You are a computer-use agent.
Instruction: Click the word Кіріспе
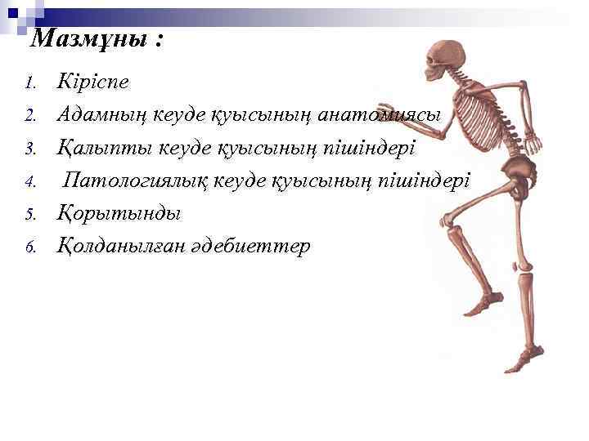92,82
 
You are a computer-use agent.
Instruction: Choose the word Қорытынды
119,213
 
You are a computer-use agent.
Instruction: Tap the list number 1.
30,83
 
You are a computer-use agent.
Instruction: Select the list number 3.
30,149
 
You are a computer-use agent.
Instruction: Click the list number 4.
30,181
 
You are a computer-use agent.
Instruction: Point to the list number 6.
30,247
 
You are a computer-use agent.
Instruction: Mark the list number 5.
30,214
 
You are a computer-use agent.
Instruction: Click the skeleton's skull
447,60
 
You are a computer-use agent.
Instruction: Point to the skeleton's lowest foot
524,363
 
